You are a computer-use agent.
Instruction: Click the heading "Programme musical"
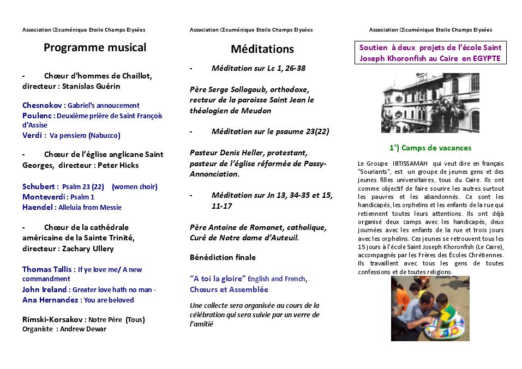point(95,47)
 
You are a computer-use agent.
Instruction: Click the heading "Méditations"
point(262,49)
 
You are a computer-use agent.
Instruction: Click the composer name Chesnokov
point(42,105)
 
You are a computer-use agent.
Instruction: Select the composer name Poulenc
point(37,116)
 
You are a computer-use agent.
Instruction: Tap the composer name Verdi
point(32,135)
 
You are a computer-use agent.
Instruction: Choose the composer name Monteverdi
point(44,197)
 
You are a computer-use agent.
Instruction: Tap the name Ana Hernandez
point(50,300)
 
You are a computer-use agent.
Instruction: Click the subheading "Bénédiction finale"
point(223,257)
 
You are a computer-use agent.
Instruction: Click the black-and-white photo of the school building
point(430,104)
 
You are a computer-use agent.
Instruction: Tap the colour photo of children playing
point(430,308)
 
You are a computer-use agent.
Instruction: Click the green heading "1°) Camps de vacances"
point(430,148)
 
